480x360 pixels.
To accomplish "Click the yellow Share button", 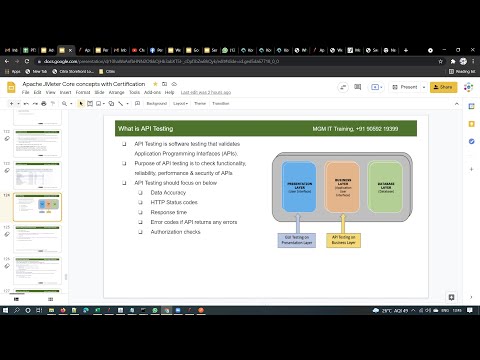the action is pos(443,87).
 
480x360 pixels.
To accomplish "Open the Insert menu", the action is pos(68,92).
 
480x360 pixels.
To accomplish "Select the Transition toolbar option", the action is pos(220,103).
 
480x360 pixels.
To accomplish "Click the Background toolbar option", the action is pos(156,103).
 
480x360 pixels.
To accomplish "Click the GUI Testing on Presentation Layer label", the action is pos(297,239).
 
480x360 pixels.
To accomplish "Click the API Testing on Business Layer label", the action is pos(345,239).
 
